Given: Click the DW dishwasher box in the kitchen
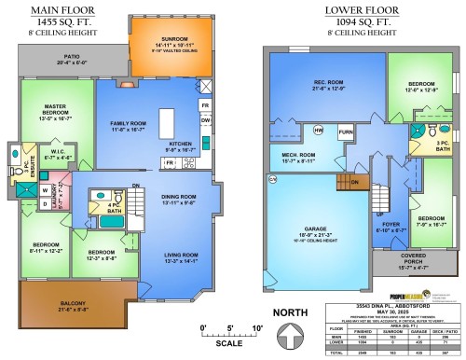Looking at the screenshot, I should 205,120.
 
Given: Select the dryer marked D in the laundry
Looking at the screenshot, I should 44,203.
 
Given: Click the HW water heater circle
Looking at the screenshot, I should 319,131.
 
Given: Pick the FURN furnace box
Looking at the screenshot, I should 345,132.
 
